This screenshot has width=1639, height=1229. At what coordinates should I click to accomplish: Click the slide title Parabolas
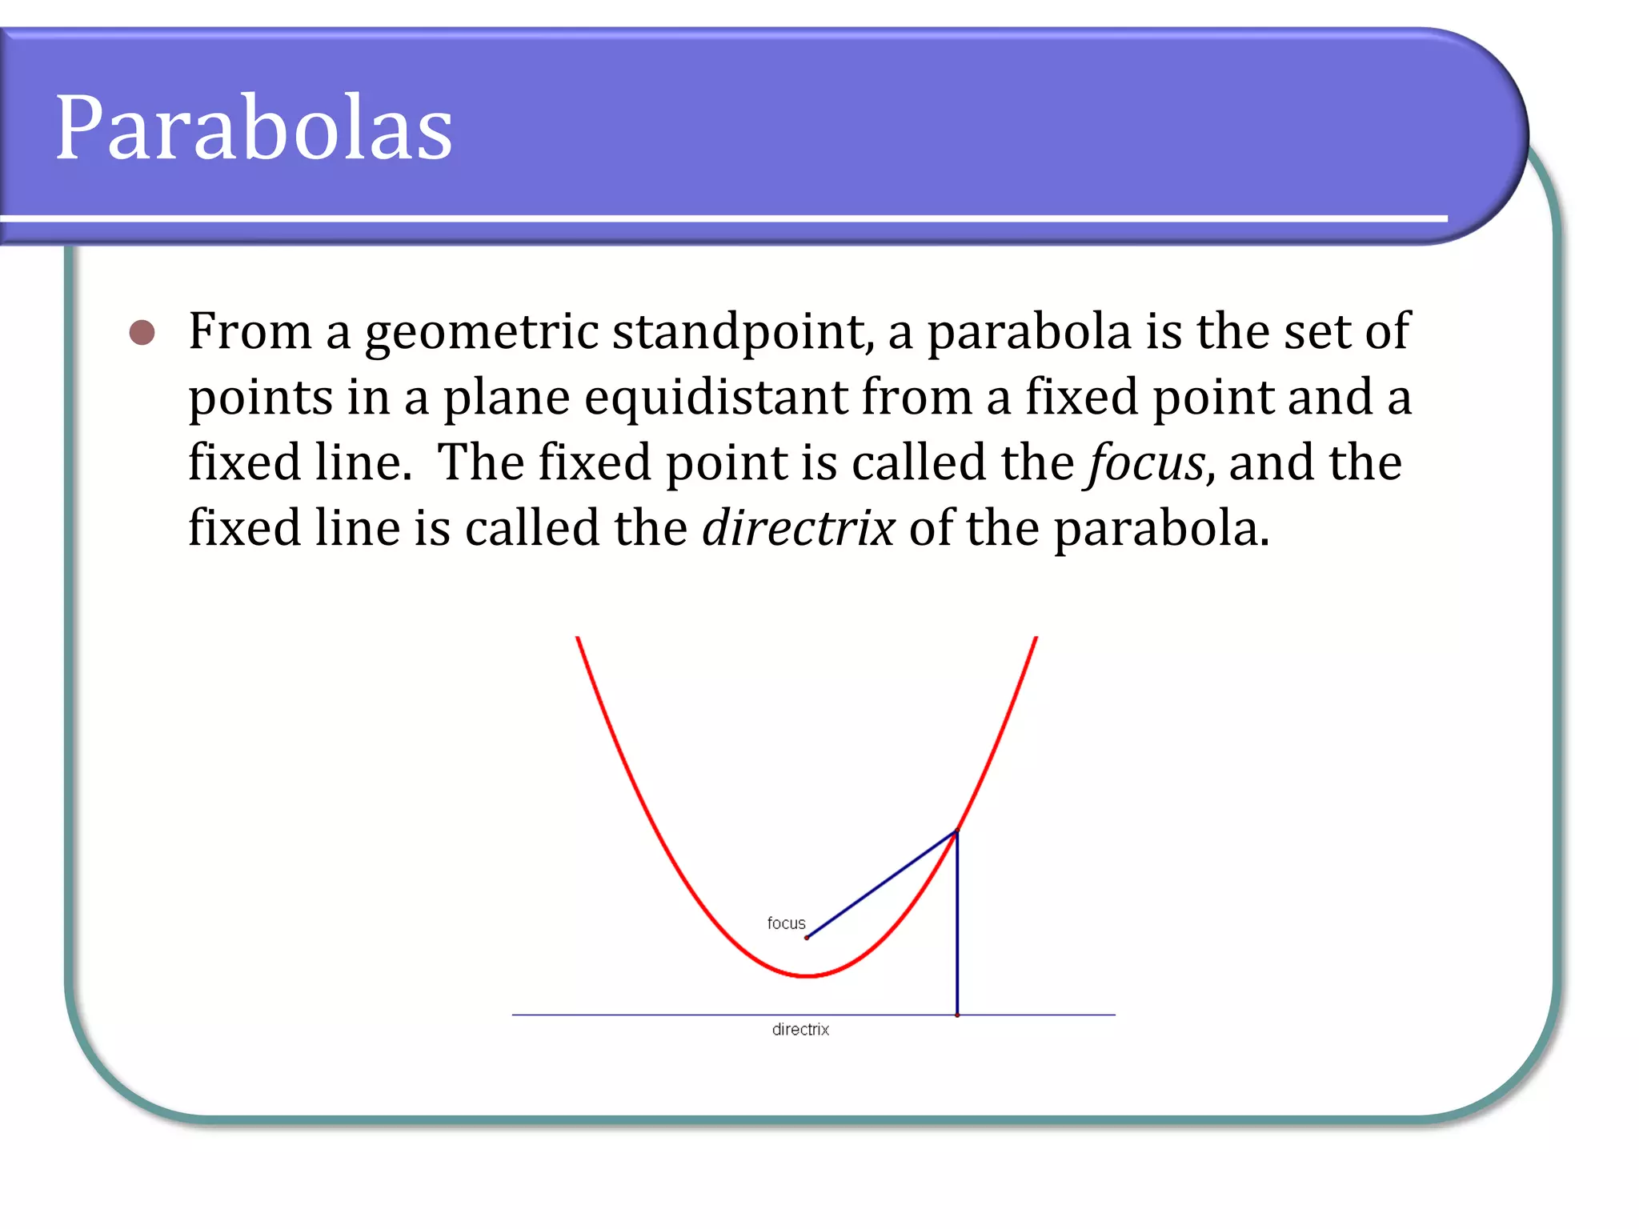point(254,128)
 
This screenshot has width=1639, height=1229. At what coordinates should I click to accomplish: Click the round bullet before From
point(142,332)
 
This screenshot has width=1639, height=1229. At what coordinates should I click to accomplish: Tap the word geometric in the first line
point(481,332)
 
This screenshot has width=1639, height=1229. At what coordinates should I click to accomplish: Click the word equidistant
point(715,398)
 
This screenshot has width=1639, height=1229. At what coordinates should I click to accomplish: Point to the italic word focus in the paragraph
point(1146,463)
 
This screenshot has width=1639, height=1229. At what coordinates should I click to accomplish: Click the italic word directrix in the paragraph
point(798,529)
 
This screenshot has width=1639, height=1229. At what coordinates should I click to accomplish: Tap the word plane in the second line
point(507,398)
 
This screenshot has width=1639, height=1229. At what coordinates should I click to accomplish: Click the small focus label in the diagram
point(786,923)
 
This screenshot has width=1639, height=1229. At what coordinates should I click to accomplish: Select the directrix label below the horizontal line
point(800,1030)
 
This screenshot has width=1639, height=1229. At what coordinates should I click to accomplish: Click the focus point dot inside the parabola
point(807,938)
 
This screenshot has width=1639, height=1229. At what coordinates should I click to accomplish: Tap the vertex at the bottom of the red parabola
point(808,976)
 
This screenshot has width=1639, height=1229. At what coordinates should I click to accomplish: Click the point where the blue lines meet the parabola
point(956,832)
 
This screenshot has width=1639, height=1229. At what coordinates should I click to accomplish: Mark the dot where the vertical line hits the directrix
point(957,1015)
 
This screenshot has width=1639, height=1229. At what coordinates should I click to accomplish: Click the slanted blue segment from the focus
point(880,886)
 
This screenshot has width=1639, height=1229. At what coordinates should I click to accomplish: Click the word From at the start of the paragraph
point(249,332)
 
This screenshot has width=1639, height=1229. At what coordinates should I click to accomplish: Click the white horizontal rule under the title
point(720,218)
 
